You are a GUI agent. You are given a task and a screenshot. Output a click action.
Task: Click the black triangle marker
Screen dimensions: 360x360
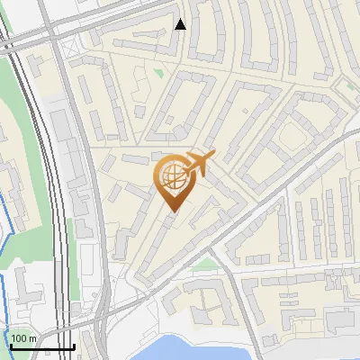[181, 24]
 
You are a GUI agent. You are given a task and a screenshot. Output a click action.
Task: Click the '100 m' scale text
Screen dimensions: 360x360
[24, 338]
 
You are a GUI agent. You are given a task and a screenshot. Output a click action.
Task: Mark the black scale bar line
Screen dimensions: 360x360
[42, 347]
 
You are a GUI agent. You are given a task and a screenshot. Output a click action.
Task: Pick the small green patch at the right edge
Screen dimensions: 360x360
[342, 82]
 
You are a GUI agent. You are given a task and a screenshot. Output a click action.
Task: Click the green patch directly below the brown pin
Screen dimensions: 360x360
[206, 264]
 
